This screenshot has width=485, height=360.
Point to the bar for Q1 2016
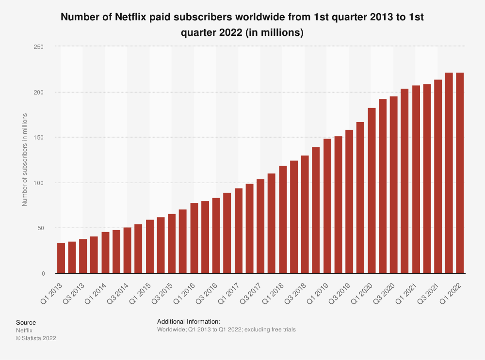tap(194, 238)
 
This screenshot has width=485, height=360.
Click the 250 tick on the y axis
tap(38, 47)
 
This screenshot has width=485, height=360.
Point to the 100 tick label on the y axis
tap(38, 183)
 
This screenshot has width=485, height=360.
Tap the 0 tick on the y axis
tap(43, 274)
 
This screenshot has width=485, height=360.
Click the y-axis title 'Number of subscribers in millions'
tap(24, 159)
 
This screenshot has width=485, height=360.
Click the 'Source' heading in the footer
tap(26, 323)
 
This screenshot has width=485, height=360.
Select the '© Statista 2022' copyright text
tap(36, 338)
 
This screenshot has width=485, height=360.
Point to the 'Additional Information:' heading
tap(189, 321)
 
